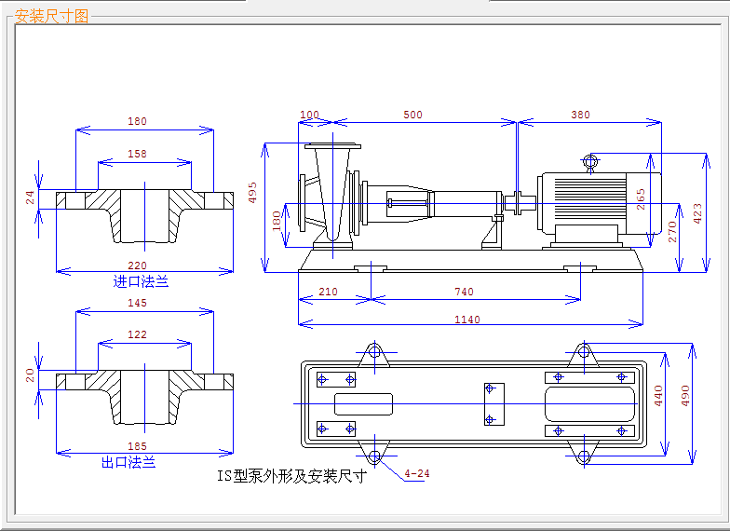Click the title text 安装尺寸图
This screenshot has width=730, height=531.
coord(52,16)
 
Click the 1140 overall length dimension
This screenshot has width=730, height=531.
coord(467,320)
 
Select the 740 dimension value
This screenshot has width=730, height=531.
coord(464,293)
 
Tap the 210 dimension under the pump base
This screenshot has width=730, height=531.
coord(328,293)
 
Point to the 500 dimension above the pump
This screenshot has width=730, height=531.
coord(412,116)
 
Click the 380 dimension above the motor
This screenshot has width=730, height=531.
coord(580,116)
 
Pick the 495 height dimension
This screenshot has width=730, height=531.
coord(252,192)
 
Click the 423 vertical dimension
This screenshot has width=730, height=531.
coord(698,213)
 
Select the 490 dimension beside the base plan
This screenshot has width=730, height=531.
coord(686,397)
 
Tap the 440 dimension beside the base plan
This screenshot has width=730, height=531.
coord(658,397)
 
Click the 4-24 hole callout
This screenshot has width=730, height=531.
coord(417,473)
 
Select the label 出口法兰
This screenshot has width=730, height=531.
coord(128,462)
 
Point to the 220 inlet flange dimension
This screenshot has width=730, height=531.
coord(137,266)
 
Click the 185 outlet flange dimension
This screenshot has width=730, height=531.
coord(137,447)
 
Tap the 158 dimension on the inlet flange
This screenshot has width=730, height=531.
coord(137,154)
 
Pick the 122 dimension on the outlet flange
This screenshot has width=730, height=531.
coord(137,334)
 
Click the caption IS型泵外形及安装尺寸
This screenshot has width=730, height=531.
coord(291,476)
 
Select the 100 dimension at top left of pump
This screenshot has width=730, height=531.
coord(310,116)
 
